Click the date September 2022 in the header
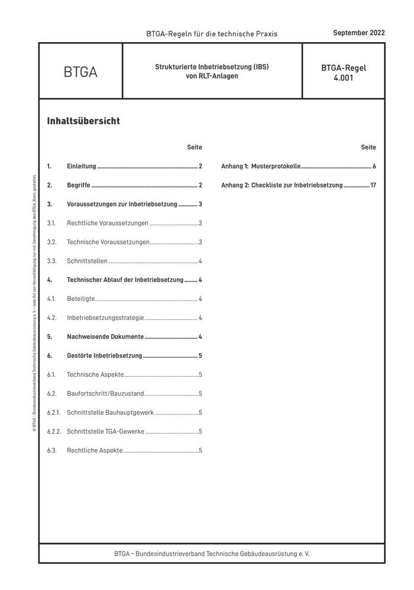(x=358, y=33)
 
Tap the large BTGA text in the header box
(x=80, y=72)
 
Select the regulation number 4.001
(x=343, y=77)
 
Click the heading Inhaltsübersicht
(x=83, y=121)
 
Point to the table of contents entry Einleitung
(x=81, y=166)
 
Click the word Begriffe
(x=79, y=185)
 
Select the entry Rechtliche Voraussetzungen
(x=108, y=223)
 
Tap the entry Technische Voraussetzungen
(x=108, y=242)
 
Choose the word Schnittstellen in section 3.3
(x=88, y=261)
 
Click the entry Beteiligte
(x=81, y=299)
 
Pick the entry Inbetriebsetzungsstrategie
(x=105, y=318)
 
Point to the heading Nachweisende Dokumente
(x=105, y=337)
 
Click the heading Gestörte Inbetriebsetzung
(x=105, y=356)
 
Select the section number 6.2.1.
(x=53, y=412)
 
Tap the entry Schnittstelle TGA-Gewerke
(x=106, y=431)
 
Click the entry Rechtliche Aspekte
(x=95, y=450)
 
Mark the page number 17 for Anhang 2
(x=373, y=185)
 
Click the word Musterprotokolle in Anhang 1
(x=276, y=166)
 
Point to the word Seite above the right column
(x=368, y=147)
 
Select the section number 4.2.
(x=51, y=318)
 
